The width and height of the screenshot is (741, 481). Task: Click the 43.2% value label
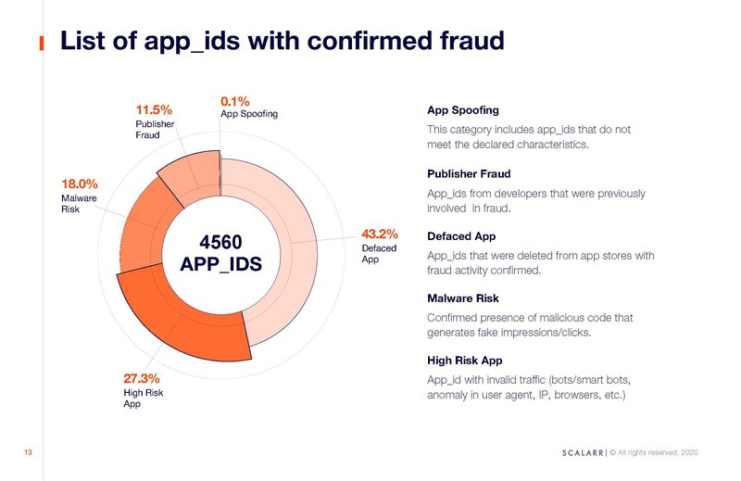pyautogui.click(x=380, y=234)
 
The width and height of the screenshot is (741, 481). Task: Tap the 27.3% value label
pyautogui.click(x=142, y=378)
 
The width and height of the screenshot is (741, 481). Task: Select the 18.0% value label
pyautogui.click(x=80, y=184)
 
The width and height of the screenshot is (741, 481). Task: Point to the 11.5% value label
pyautogui.click(x=154, y=109)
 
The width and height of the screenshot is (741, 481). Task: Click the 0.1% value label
pyautogui.click(x=235, y=101)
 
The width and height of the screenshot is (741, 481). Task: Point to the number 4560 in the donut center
pyautogui.click(x=220, y=242)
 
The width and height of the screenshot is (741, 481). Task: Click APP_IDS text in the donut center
pyautogui.click(x=220, y=264)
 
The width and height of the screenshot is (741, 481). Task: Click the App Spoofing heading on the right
pyautogui.click(x=462, y=110)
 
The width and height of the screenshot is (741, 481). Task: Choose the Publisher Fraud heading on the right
pyautogui.click(x=469, y=173)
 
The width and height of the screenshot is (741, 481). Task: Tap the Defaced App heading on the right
pyautogui.click(x=461, y=236)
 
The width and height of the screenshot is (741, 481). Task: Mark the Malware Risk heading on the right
pyautogui.click(x=462, y=298)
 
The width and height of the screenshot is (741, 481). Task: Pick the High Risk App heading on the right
pyautogui.click(x=465, y=361)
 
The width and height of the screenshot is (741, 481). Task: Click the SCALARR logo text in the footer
pyautogui.click(x=583, y=452)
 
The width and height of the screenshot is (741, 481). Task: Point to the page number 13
pyautogui.click(x=28, y=452)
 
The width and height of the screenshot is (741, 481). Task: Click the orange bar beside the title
pyautogui.click(x=42, y=43)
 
